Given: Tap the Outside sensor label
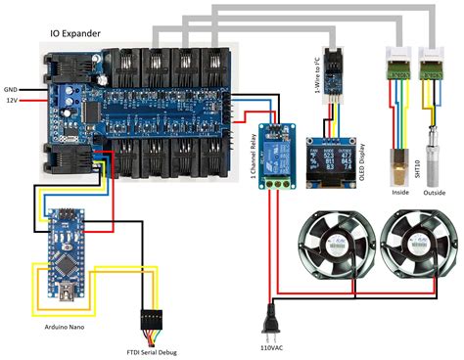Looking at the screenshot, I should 434,192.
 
